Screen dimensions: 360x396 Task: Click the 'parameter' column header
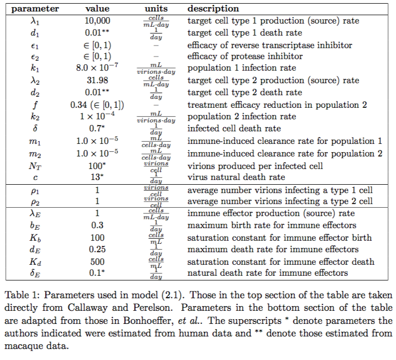36,9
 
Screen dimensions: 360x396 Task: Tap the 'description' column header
213,9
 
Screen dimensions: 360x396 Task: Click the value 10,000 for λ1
97,21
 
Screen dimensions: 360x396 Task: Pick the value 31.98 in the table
97,81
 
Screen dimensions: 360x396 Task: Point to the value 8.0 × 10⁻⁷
97,69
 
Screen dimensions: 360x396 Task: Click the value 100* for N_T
97,165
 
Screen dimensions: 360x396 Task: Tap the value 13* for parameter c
97,177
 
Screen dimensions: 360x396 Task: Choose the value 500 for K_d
97,262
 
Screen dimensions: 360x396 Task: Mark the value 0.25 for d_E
97,250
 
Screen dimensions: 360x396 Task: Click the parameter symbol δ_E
36,274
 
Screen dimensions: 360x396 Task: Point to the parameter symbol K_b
36,238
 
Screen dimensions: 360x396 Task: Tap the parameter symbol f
36,105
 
